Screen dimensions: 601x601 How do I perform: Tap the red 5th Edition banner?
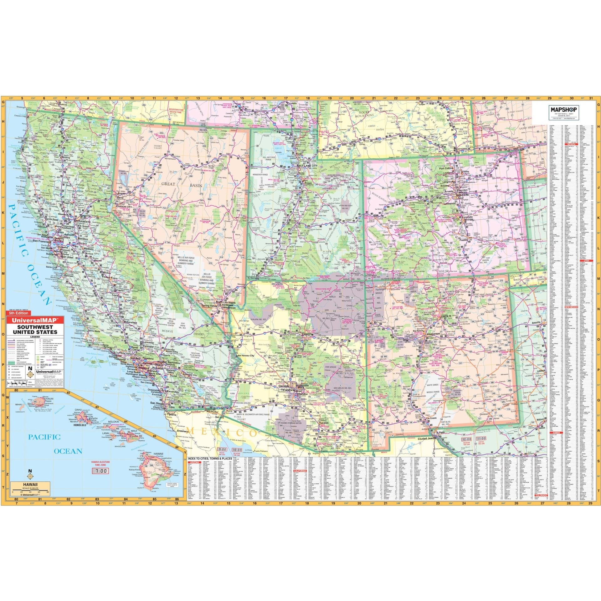click(x=18, y=313)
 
